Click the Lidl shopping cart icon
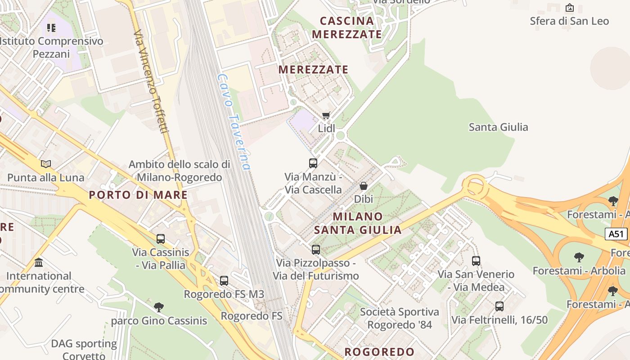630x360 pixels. pos(326,115)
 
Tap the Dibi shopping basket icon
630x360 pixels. pos(364,185)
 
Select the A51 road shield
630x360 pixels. pos(616,234)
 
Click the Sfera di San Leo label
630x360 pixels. pos(569,21)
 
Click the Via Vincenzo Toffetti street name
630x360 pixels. pos(151,81)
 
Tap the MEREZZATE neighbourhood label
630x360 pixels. pos(313,70)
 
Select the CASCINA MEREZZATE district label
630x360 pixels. pos(346,27)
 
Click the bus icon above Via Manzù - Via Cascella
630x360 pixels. pos(313,163)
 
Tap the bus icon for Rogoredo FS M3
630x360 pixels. pos(224,281)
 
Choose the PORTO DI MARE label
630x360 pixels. pos(138,195)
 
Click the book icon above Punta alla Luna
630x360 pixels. pos(45,164)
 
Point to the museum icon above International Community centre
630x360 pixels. pos(39,262)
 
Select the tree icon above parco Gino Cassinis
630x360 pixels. pos(158,307)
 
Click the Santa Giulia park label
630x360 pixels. pos(498,127)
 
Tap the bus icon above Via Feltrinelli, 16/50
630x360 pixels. pos(499,306)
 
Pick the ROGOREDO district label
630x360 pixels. pos(379,352)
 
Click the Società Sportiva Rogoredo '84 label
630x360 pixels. pos(400,318)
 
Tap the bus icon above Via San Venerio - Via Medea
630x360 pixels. pos(476,261)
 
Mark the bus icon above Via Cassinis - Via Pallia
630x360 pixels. pos(161,238)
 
